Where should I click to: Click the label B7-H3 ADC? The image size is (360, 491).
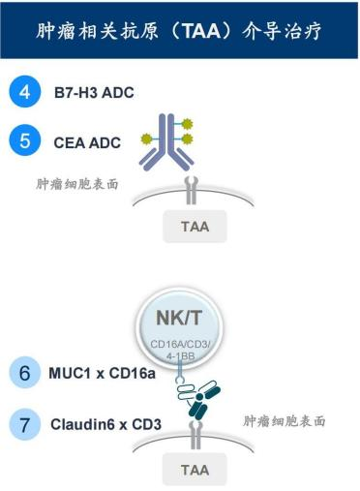pyautogui.click(x=94, y=94)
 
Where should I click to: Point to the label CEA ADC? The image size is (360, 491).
pyautogui.click(x=86, y=141)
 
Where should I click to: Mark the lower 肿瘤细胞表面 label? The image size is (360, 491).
pyautogui.click(x=284, y=421)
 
